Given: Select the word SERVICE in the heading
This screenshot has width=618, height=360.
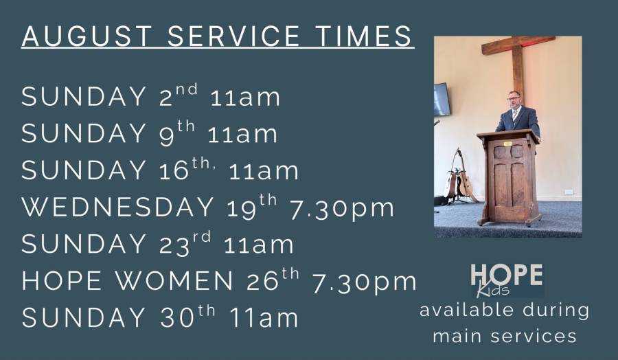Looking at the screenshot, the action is [x=233, y=36].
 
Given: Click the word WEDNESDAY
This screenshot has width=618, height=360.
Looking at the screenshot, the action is [x=117, y=207].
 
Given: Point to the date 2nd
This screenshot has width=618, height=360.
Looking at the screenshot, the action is [x=178, y=95].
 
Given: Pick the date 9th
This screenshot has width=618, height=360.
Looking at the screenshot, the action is [x=177, y=133].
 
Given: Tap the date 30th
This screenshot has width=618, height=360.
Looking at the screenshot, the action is [x=187, y=316].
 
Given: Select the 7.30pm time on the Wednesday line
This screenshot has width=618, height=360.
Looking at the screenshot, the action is [x=342, y=209].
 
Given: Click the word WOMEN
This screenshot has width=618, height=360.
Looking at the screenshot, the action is [x=174, y=281].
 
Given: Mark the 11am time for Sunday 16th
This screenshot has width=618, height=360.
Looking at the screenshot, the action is [x=263, y=171].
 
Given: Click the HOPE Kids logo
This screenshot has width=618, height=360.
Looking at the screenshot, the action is [x=507, y=280].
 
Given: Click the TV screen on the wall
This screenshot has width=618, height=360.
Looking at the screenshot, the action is [x=442, y=99].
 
